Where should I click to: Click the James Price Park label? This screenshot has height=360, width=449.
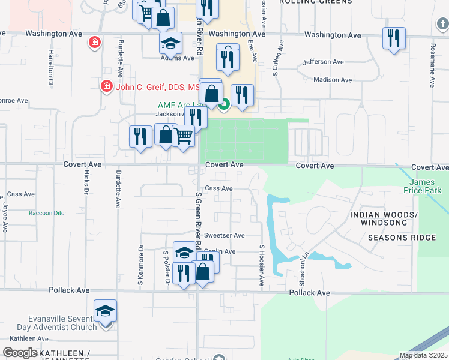click(425, 187)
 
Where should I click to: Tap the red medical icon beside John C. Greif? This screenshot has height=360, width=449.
click(106, 86)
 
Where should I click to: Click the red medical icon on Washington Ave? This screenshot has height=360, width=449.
click(94, 42)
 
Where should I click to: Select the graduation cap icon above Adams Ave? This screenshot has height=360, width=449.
click(170, 43)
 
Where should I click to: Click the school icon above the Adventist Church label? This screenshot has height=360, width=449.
click(105, 311)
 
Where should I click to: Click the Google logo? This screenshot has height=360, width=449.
click(20, 353)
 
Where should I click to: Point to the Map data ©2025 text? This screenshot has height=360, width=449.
click(424, 356)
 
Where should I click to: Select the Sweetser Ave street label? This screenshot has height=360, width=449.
click(224, 236)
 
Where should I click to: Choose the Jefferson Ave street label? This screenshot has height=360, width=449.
click(324, 62)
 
